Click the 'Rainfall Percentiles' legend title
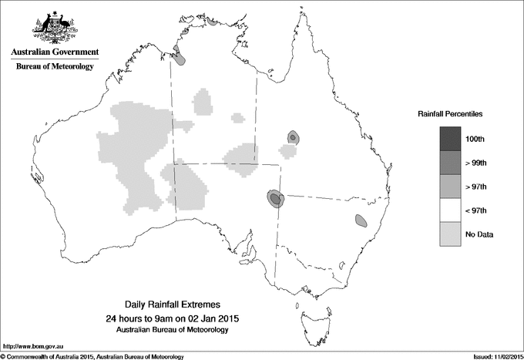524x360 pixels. click(x=450, y=113)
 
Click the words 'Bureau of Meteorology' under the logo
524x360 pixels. click(x=55, y=67)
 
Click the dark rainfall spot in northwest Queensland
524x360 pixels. click(x=293, y=137)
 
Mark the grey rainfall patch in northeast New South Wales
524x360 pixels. click(x=361, y=220)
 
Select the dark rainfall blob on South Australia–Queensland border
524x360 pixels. click(x=275, y=199)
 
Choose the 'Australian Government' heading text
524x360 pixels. click(x=55, y=52)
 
